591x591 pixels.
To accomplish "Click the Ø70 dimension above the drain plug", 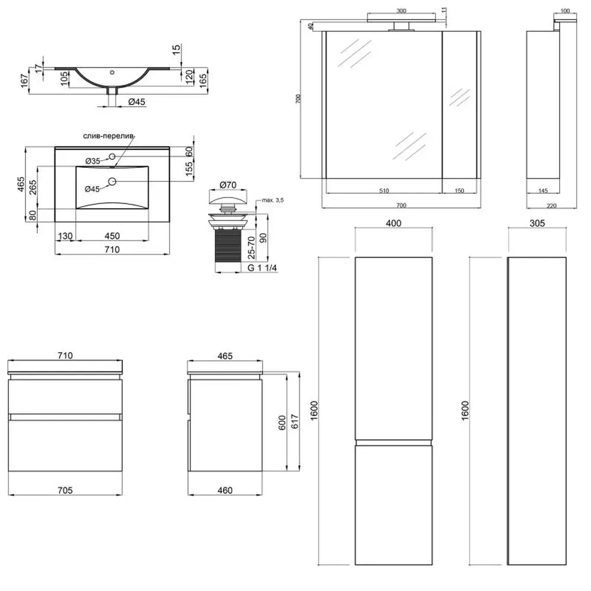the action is click(x=228, y=184).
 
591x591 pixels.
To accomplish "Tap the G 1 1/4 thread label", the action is click(x=262, y=268).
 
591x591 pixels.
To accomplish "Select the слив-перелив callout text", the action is click(x=109, y=136).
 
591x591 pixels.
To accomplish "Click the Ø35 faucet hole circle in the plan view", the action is click(x=112, y=156).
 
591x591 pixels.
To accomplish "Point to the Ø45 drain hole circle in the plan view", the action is click(x=112, y=181).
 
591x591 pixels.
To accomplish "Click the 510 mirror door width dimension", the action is click(x=384, y=191).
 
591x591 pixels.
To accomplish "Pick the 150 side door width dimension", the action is click(x=459, y=191).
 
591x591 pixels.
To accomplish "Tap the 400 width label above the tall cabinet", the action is click(x=394, y=223).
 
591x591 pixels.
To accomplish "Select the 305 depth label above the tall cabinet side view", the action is click(x=537, y=223).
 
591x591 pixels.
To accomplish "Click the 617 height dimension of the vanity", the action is click(x=295, y=421).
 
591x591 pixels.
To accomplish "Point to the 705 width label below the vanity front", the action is click(x=65, y=490).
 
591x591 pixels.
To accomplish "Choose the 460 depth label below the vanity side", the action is click(x=225, y=490).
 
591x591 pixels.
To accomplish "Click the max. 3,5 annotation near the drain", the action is click(x=272, y=200).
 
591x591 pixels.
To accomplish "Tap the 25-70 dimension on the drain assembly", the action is click(x=251, y=248).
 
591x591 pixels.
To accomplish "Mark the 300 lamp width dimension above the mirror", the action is click(x=401, y=11).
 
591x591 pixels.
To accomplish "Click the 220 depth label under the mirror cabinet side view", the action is click(x=551, y=206).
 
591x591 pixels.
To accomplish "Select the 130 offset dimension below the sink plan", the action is click(x=65, y=236).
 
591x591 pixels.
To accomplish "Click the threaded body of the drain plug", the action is click(x=228, y=245).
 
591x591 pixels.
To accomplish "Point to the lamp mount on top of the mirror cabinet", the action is click(x=401, y=25).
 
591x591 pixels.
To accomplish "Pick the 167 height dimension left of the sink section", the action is click(x=24, y=81).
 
